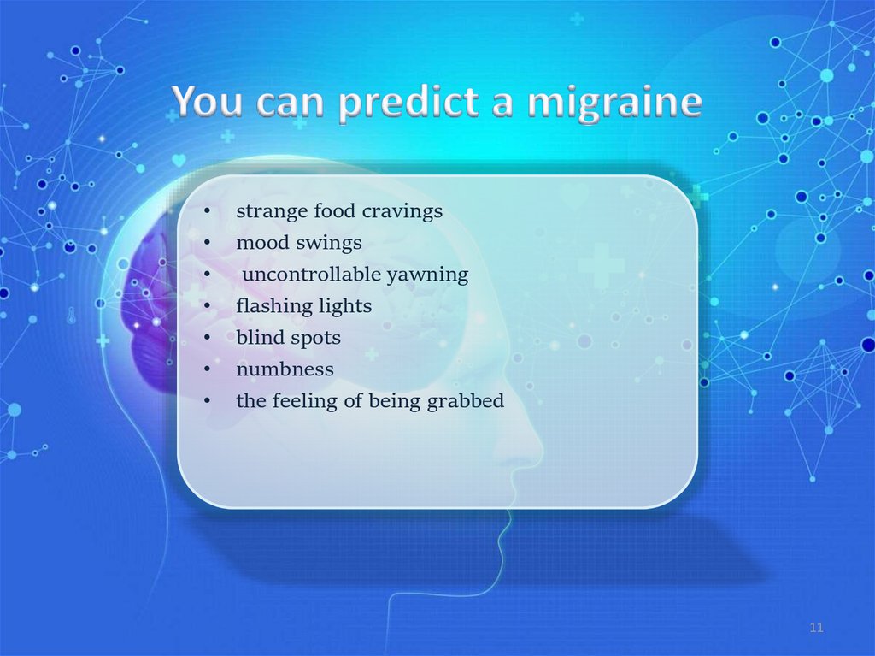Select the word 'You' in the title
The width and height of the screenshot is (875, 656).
208,101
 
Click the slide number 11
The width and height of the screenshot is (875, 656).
816,628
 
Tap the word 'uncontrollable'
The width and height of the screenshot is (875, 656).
311,275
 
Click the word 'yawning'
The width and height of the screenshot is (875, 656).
427,275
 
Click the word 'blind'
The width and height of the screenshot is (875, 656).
261,338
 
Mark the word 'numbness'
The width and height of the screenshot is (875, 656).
285,369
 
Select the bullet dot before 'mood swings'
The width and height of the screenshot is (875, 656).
207,243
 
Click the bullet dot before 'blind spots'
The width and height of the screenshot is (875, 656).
207,338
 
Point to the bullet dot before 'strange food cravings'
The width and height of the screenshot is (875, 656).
207,212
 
